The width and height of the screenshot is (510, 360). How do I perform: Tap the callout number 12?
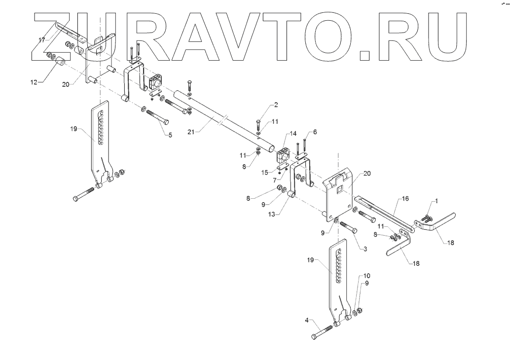(x=34, y=82)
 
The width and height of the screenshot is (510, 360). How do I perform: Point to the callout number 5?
(x=170, y=135)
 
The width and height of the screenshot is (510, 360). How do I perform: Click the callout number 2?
(x=276, y=105)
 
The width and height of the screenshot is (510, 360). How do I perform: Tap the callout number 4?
(x=306, y=321)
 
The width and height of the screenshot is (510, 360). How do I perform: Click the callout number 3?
(x=365, y=250)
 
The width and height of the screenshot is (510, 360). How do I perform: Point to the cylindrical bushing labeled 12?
(x=60, y=63)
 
